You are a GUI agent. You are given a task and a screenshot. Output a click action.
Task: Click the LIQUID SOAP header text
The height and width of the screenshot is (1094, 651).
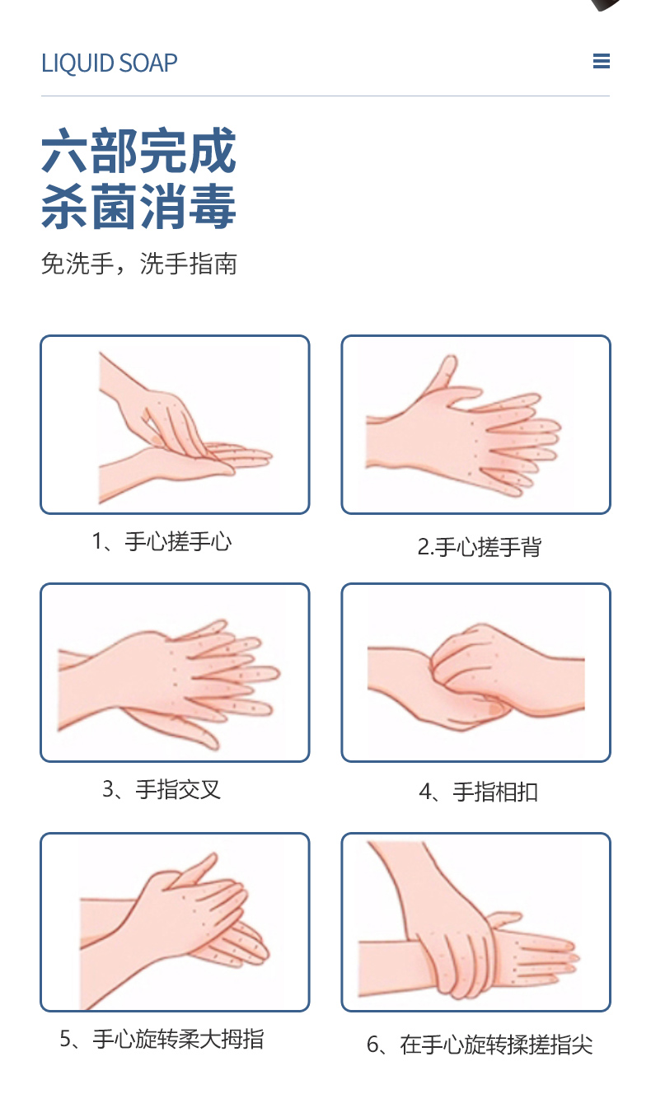[x=110, y=63]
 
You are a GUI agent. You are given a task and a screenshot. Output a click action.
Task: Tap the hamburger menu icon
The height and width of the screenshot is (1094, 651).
[x=602, y=61]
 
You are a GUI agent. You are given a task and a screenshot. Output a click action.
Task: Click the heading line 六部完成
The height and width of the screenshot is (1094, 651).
[x=138, y=151]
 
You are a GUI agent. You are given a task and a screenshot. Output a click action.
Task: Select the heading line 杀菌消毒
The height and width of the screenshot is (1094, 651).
[x=138, y=207]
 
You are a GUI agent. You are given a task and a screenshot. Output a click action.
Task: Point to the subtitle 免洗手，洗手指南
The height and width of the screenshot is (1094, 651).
[x=139, y=264]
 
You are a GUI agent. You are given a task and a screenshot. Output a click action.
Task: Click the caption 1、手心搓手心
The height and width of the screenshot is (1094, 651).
[x=162, y=541]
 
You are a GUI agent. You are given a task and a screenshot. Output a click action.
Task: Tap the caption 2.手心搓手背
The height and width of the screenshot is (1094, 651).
[x=480, y=546]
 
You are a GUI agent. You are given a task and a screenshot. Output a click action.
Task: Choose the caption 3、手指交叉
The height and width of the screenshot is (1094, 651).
[x=162, y=789]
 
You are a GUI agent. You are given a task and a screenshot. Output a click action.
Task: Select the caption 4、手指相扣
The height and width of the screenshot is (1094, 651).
[x=479, y=792]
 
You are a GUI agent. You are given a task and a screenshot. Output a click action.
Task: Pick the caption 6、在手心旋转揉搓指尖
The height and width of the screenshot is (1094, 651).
[x=480, y=1045]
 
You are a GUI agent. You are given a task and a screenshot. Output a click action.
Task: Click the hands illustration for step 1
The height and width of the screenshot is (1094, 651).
[x=185, y=428]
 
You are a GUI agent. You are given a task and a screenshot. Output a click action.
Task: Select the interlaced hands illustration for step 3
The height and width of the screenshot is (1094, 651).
[x=168, y=685]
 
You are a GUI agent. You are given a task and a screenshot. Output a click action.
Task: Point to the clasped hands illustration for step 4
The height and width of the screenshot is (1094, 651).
[x=476, y=676]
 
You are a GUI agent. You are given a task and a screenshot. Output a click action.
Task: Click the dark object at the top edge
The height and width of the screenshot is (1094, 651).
[x=608, y=4]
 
